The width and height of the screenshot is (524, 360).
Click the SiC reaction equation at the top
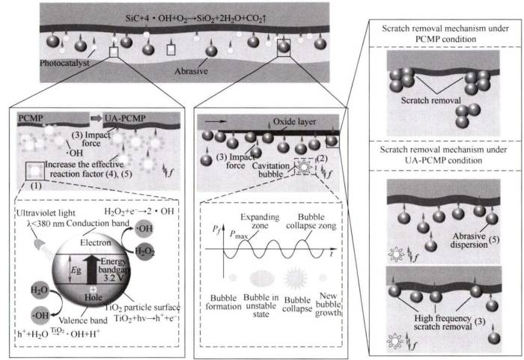click(195, 18)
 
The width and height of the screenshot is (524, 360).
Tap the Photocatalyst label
click(64, 63)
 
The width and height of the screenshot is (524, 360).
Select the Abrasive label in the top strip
click(191, 71)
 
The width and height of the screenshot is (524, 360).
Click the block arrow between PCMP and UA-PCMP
click(97, 118)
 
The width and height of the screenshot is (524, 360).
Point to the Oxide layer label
click(294, 122)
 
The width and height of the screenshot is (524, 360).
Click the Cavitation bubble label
click(271, 170)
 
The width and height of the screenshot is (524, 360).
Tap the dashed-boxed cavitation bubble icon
click(305, 166)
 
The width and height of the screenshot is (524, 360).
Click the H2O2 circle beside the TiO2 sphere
click(144, 251)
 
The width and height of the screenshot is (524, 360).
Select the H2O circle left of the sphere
click(40, 290)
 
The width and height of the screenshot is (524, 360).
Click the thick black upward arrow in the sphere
click(91, 269)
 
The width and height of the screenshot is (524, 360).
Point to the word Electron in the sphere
click(95, 242)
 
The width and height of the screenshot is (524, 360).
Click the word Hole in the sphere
click(93, 297)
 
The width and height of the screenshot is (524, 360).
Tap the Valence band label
click(83, 320)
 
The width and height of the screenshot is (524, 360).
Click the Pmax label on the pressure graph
click(238, 234)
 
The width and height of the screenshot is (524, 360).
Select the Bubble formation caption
click(223, 302)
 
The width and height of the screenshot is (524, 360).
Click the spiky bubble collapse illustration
click(296, 278)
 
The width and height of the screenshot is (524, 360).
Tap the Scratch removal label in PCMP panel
click(430, 100)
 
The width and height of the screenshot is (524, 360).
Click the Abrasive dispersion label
click(469, 240)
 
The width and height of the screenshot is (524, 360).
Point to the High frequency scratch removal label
click(442, 323)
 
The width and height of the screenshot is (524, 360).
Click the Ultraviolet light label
click(46, 213)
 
